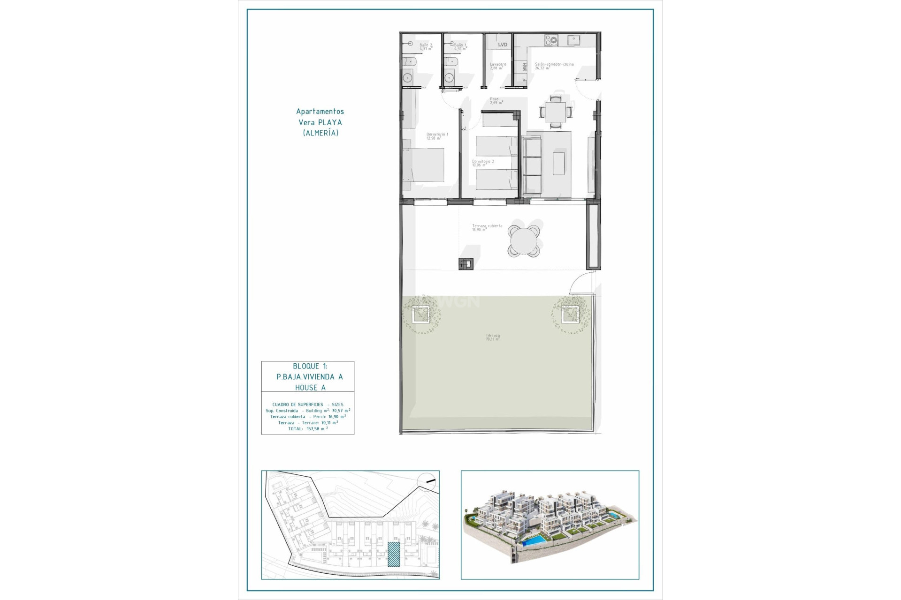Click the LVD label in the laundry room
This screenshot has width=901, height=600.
tap(503, 45)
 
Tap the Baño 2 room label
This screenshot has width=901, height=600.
tap(426, 47)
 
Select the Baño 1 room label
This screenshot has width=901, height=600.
tap(460, 47)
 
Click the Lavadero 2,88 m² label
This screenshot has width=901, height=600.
tap(497, 66)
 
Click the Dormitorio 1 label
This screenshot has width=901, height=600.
tap(437, 136)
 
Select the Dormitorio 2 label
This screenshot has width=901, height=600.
tap(482, 163)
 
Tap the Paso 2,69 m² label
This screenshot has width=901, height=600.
tap(496, 101)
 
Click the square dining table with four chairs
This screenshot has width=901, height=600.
tap(556, 112)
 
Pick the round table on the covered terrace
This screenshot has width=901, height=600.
tap(524, 241)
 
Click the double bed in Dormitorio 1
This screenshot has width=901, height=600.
tap(424, 165)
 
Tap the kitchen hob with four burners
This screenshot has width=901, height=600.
tap(551, 41)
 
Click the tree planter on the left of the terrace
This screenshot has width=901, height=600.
tap(420, 314)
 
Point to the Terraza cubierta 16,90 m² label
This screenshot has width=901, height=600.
tap(487, 227)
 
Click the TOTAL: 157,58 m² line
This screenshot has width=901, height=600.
tap(308, 428)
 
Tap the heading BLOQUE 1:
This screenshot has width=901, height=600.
tap(310, 366)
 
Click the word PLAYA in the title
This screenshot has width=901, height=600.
tap(330, 122)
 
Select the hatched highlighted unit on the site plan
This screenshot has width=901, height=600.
tap(394, 554)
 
